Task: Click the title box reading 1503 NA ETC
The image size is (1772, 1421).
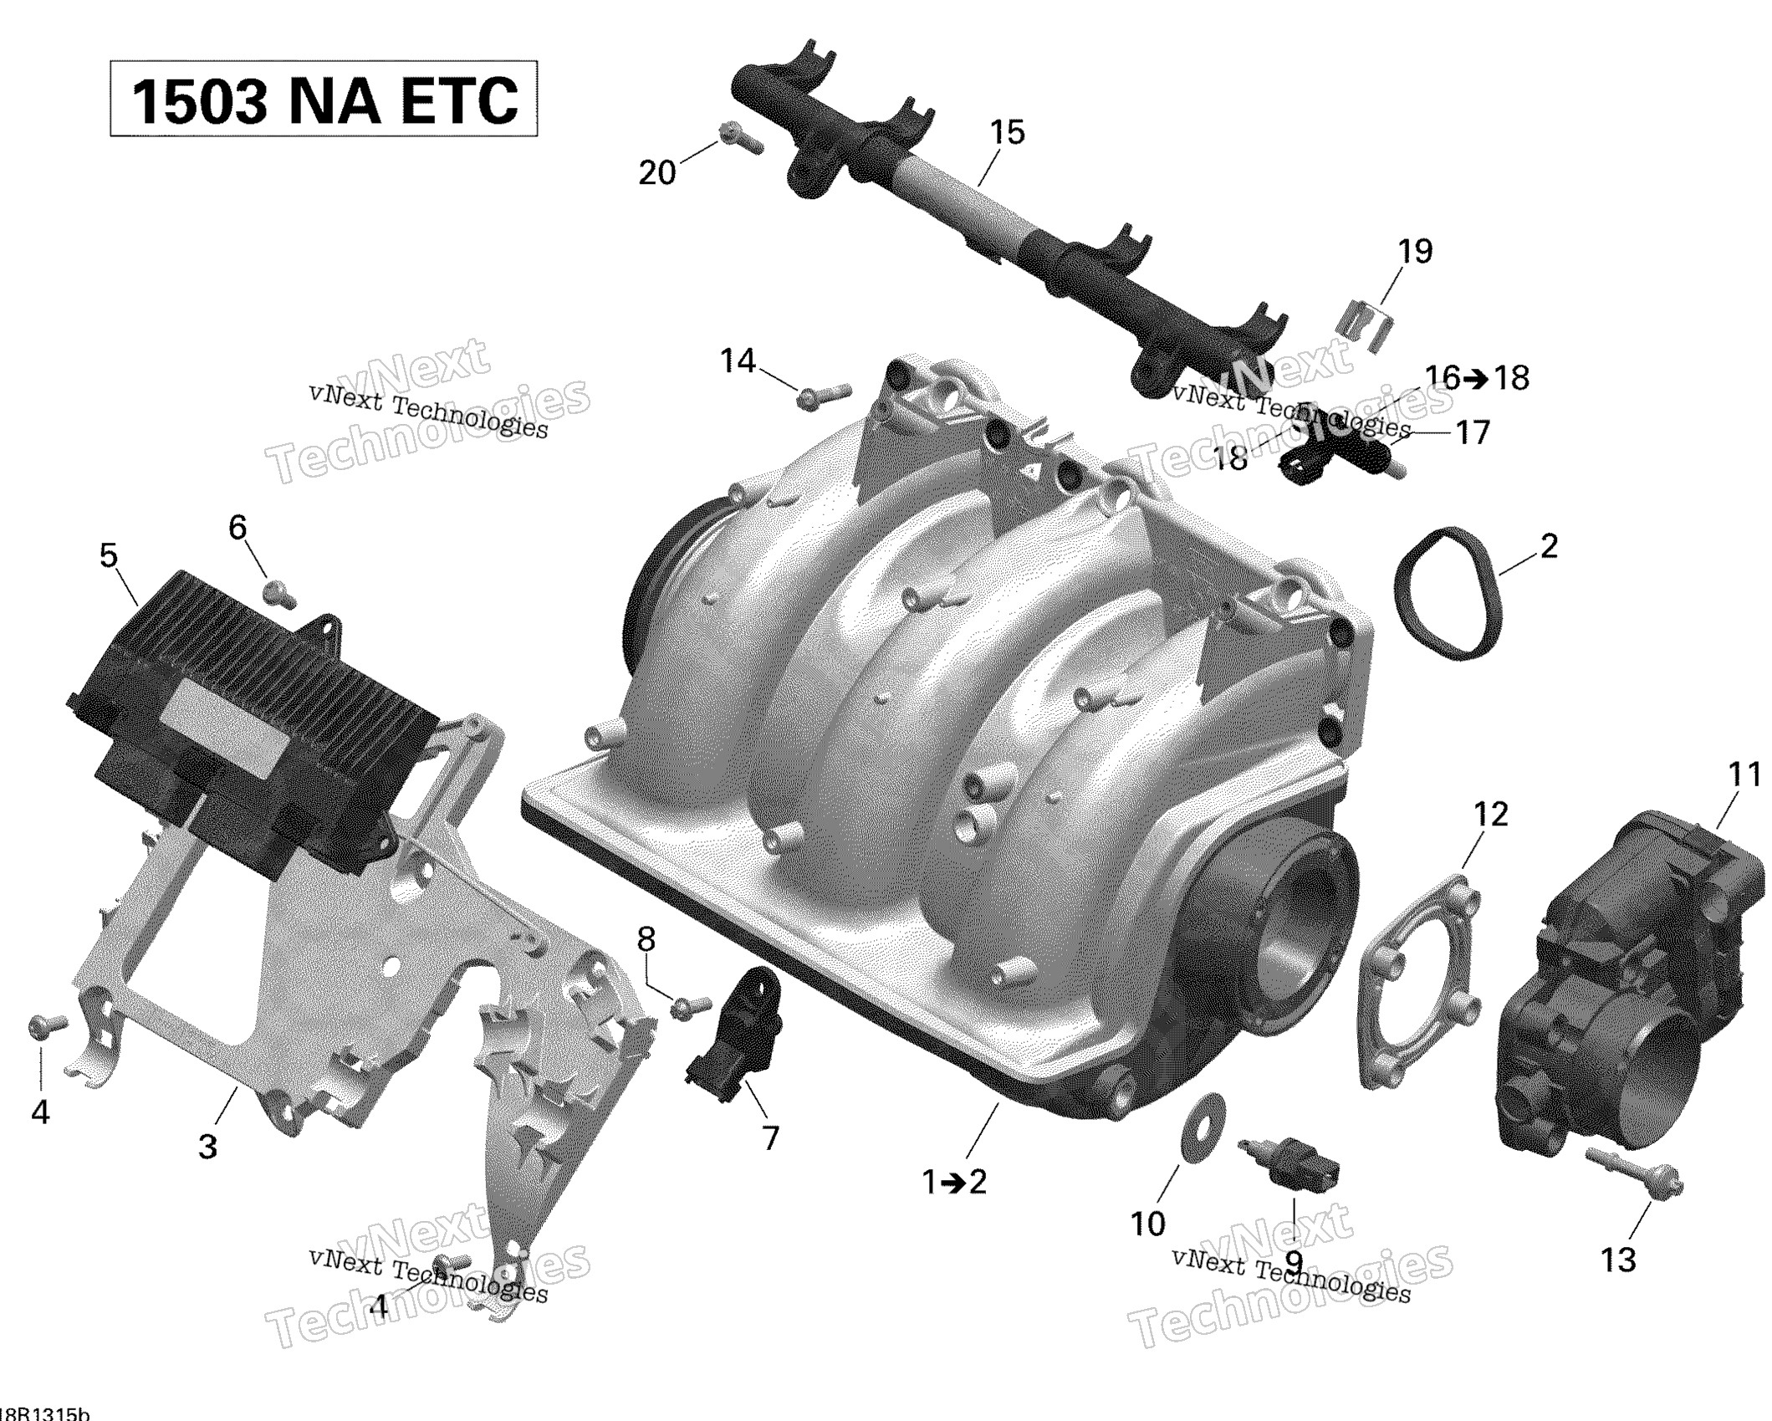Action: (324, 99)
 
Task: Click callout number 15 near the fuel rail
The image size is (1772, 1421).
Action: (1007, 132)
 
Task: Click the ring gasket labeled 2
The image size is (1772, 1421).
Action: (1448, 594)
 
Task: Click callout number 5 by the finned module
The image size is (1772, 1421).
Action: (109, 555)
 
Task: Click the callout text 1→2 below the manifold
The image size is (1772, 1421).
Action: (954, 1182)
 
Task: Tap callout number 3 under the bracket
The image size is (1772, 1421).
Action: (207, 1146)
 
